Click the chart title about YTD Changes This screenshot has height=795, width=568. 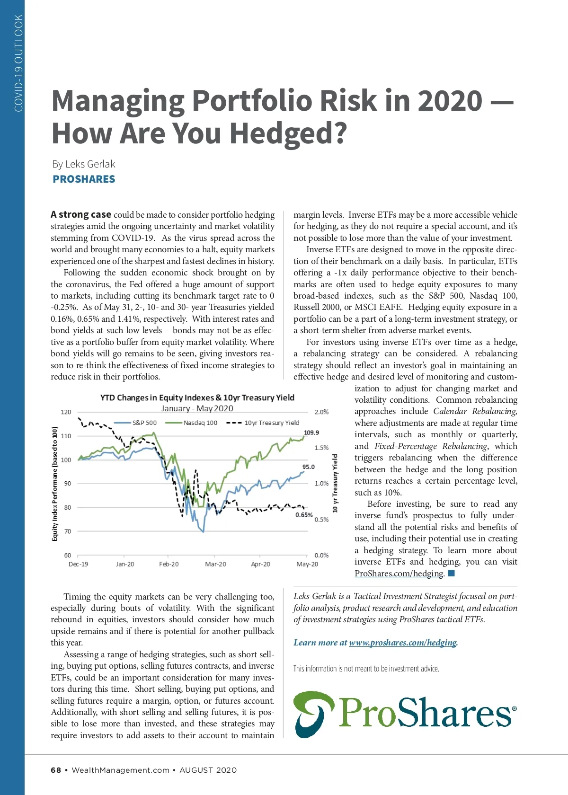pyautogui.click(x=197, y=397)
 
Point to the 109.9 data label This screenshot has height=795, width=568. pyautogui.click(x=311, y=433)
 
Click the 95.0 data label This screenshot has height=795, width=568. pyautogui.click(x=308, y=467)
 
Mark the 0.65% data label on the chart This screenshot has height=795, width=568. pyautogui.click(x=304, y=515)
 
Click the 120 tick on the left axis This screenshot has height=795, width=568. pyautogui.click(x=66, y=412)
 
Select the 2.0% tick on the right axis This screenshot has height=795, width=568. pyautogui.click(x=321, y=412)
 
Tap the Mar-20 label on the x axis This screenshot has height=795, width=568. pyautogui.click(x=215, y=564)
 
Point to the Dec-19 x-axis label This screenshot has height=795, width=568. pyautogui.click(x=78, y=564)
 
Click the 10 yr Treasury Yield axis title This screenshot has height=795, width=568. pyautogui.click(x=335, y=483)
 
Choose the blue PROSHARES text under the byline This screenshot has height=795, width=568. pyautogui.click(x=84, y=179)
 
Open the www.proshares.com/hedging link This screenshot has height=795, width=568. pyautogui.click(x=403, y=643)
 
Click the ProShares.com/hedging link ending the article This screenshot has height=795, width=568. pyautogui.click(x=399, y=574)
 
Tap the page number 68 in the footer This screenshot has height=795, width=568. pyautogui.click(x=56, y=770)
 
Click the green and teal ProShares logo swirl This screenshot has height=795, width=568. pyautogui.click(x=313, y=714)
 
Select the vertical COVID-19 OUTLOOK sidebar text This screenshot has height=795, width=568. pyautogui.click(x=18, y=63)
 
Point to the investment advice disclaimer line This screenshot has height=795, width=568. pyautogui.click(x=366, y=669)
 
